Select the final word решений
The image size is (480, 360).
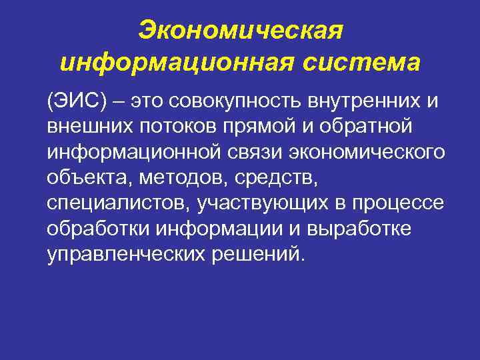(267, 255)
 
